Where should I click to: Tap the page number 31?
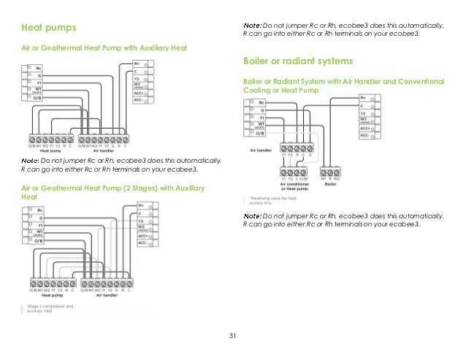(233, 336)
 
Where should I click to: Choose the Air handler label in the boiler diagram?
(261, 148)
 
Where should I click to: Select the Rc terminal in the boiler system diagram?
(261, 104)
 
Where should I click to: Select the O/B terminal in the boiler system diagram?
(261, 134)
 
